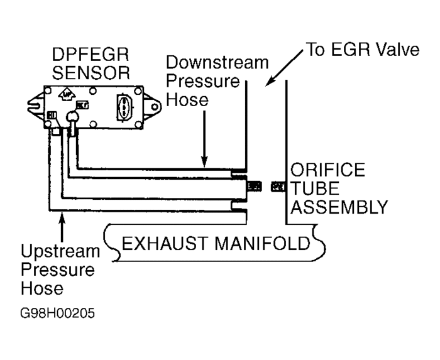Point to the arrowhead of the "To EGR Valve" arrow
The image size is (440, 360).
click(269, 82)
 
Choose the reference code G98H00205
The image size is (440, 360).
click(50, 313)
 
